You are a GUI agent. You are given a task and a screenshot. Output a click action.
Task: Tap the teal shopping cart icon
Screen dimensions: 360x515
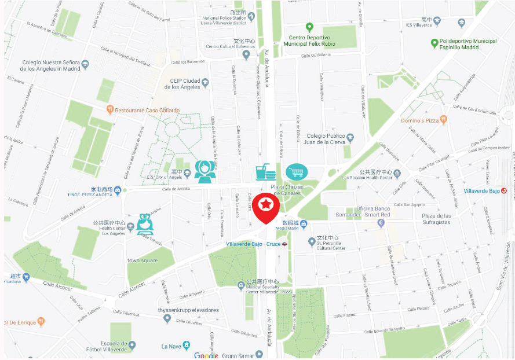point(297,172)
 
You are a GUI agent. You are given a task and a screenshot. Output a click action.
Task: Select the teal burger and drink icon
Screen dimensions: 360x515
point(265,172)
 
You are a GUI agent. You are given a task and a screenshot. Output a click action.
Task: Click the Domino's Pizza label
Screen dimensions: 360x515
point(420,120)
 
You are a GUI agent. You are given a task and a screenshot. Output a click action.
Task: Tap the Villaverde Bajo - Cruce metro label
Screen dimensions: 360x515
point(253,244)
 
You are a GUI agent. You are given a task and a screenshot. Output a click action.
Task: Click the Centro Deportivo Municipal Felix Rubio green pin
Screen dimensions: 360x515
point(309,27)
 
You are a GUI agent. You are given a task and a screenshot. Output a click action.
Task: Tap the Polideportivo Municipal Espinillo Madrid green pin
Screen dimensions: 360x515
point(434,43)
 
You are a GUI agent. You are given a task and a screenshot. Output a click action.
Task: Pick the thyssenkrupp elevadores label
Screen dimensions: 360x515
point(188,310)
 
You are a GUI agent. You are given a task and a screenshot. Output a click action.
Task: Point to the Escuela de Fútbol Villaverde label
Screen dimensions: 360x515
point(109,346)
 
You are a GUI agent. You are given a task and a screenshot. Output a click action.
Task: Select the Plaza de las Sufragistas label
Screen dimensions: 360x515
point(428,219)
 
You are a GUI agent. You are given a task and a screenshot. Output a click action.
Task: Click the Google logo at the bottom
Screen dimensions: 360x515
point(206,355)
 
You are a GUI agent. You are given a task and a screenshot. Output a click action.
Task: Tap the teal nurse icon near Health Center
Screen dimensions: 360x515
point(144,223)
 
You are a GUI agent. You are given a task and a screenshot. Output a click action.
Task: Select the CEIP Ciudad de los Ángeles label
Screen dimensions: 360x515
point(184,84)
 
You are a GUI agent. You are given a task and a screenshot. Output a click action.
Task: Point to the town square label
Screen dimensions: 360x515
point(143,260)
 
